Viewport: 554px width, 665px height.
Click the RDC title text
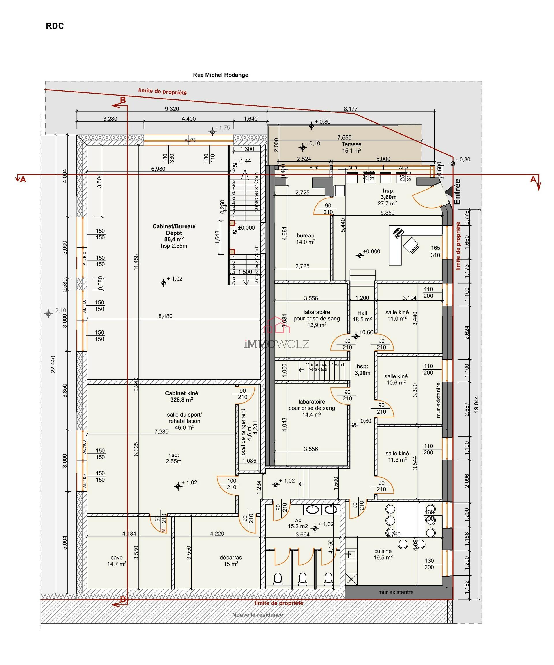point(55,26)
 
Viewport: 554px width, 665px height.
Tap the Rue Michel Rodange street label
point(220,75)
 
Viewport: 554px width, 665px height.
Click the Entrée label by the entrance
point(457,192)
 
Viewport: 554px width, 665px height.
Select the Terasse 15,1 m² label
point(351,147)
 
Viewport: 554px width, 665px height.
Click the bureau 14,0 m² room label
point(306,238)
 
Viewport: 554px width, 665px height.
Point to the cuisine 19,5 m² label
point(383,554)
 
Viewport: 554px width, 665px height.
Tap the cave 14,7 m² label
point(117,560)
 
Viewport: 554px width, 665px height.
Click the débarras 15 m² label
point(231,560)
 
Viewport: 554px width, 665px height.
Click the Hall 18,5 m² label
point(362,316)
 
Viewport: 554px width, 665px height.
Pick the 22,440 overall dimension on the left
point(53,365)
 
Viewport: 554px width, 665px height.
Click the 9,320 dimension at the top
point(172,109)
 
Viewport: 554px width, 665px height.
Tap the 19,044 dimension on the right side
point(476,404)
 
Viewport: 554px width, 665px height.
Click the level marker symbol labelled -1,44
point(235,165)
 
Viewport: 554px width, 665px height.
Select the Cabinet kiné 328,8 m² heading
point(181,396)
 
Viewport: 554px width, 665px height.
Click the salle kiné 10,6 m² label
point(396,379)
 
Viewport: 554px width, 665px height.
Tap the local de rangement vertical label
point(243,432)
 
